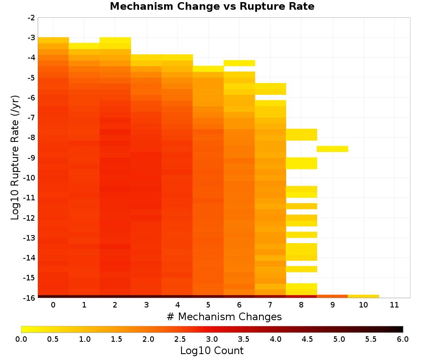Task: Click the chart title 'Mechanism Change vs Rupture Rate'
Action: pyautogui.click(x=212, y=6)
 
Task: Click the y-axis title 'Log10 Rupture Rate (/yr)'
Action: pyautogui.click(x=15, y=158)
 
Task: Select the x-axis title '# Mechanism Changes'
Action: pyautogui.click(x=224, y=316)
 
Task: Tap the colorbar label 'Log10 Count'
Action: pyautogui.click(x=212, y=351)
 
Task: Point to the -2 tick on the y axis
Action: pyautogui.click(x=31, y=18)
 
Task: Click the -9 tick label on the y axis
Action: pyautogui.click(x=31, y=158)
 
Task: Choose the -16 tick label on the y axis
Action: pyautogui.click(x=30, y=298)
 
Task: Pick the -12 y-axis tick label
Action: pyautogui.click(x=30, y=218)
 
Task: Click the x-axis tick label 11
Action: pyautogui.click(x=394, y=305)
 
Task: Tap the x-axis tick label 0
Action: pyautogui.click(x=53, y=305)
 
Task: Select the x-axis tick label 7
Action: pyautogui.click(x=270, y=305)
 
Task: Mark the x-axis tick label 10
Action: pyautogui.click(x=363, y=305)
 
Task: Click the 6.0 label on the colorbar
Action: pyautogui.click(x=403, y=339)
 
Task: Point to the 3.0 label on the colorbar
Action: pyautogui.click(x=212, y=339)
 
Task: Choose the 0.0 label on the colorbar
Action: pyautogui.click(x=21, y=339)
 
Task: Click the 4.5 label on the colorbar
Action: pyautogui.click(x=307, y=339)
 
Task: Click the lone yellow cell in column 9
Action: pyautogui.click(x=332, y=149)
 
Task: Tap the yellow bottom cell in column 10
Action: pyautogui.click(x=363, y=296)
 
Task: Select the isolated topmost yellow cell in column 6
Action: pyautogui.click(x=239, y=63)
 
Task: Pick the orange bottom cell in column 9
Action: pyautogui.click(x=332, y=296)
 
